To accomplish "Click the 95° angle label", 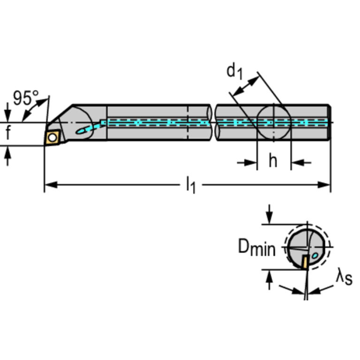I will [x=25, y=98].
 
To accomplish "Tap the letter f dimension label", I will [x=8, y=134].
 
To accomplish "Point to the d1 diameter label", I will [x=234, y=71].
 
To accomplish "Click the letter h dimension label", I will [x=273, y=161].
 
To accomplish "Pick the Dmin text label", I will [x=256, y=247].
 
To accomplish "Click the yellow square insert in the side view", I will [x=52, y=137].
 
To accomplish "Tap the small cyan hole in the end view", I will [x=315, y=255].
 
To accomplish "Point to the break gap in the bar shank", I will [x=213, y=123].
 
